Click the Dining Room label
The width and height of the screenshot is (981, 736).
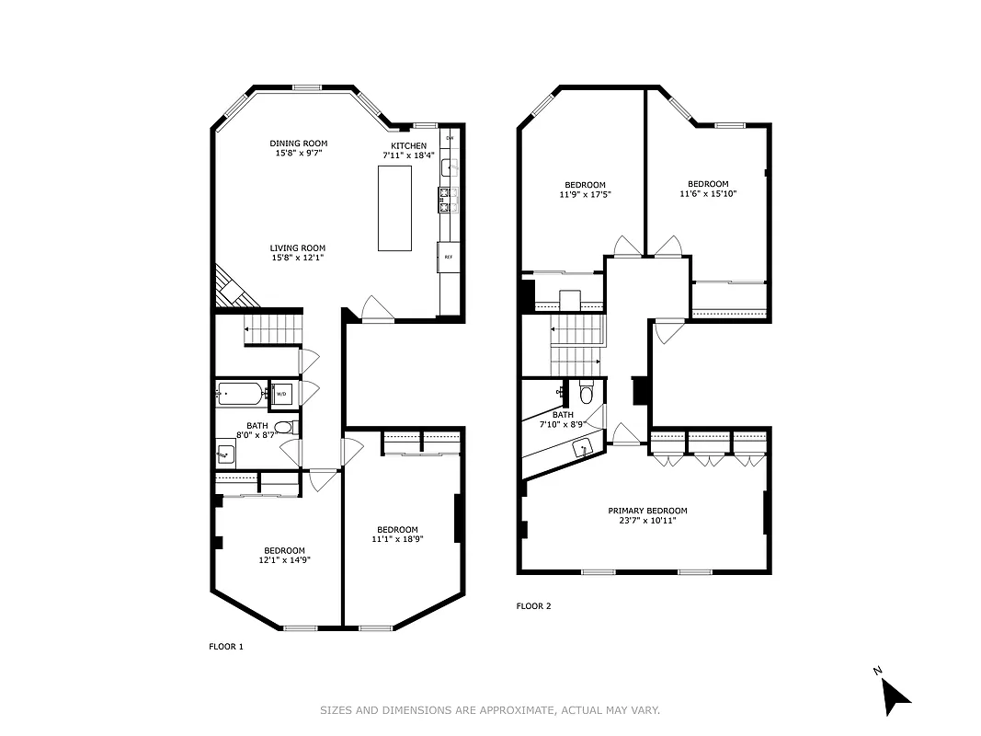point(298,144)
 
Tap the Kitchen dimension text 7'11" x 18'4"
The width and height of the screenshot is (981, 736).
point(409,157)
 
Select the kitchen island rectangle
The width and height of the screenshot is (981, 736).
point(394,207)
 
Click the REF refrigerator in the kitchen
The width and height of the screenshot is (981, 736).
point(448,257)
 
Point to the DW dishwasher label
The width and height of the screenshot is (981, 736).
point(450,138)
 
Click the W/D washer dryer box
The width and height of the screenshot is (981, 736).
point(281,395)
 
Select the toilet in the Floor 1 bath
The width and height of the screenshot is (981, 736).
point(286,427)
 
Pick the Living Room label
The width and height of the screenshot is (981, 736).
point(297,248)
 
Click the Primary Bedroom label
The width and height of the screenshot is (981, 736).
point(646,511)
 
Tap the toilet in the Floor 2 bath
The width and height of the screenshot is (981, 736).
point(587,395)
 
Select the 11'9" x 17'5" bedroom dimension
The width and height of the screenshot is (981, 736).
point(585,195)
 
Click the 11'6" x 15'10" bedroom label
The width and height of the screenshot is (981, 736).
point(707,184)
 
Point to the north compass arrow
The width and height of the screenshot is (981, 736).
point(894,694)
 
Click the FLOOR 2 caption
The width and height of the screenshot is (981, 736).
point(533,606)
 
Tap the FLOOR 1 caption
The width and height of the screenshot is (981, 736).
point(226,647)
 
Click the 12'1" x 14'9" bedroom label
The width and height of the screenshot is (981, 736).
point(284,551)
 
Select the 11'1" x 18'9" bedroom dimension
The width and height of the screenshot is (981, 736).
point(397,539)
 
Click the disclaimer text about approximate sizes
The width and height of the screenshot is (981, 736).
point(489,710)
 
